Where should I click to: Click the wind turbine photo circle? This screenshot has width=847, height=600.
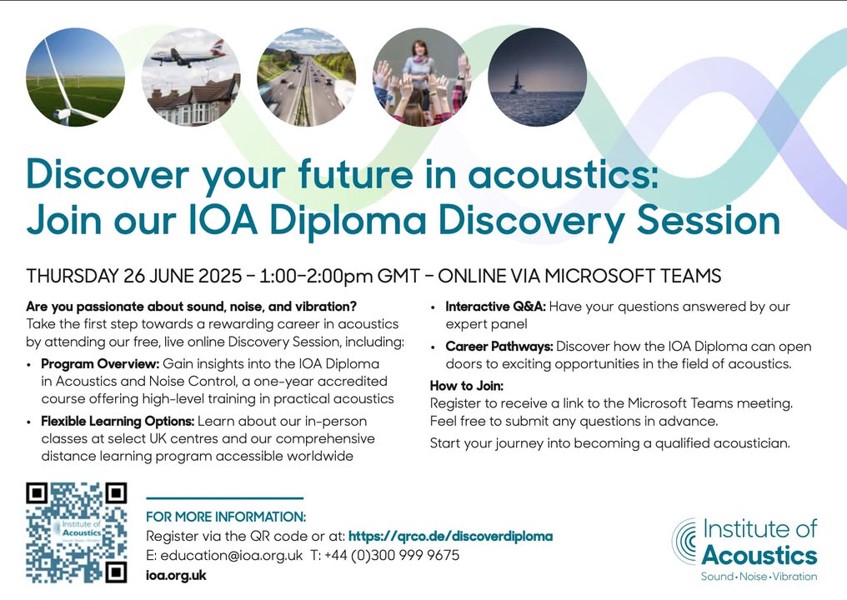pyautogui.click(x=76, y=77)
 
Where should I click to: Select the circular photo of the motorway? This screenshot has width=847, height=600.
pyautogui.click(x=306, y=77)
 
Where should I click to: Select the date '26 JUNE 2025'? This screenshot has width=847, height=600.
pyautogui.click(x=183, y=276)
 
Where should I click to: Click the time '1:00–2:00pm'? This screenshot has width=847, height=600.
pyautogui.click(x=316, y=276)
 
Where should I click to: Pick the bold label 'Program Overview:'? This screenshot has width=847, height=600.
pyautogui.click(x=100, y=364)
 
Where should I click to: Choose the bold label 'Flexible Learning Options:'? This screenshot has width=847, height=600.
pyautogui.click(x=118, y=421)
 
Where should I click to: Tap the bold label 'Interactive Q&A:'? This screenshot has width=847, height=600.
pyautogui.click(x=495, y=307)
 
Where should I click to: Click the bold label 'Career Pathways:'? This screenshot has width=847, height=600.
pyautogui.click(x=499, y=347)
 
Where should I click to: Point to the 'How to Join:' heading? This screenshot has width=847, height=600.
pyautogui.click(x=467, y=386)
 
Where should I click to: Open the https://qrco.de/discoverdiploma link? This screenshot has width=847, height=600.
pyautogui.click(x=450, y=537)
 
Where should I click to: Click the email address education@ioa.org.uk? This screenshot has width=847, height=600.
pyautogui.click(x=231, y=556)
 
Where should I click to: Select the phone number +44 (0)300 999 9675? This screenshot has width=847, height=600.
pyautogui.click(x=392, y=556)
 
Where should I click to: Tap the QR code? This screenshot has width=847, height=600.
pyautogui.click(x=77, y=532)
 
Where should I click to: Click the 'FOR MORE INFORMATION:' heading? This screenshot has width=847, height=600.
pyautogui.click(x=226, y=517)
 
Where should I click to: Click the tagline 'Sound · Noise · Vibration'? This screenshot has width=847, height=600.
pyautogui.click(x=759, y=576)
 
